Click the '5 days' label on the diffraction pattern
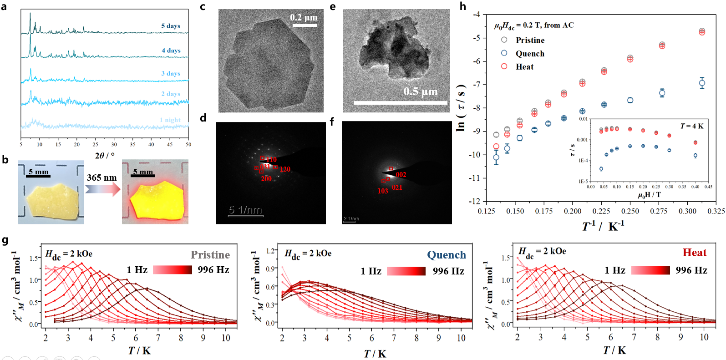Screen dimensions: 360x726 (171, 26)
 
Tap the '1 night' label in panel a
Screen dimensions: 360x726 (170, 120)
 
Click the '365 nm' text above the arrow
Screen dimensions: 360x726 (102, 177)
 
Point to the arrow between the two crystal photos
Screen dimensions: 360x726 (102, 189)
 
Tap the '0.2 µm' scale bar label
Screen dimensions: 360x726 (304, 17)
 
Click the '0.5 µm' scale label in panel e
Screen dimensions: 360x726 (421, 91)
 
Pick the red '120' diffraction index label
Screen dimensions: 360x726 (285, 169)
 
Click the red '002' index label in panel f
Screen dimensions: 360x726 (401, 175)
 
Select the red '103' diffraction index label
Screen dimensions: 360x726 (383, 191)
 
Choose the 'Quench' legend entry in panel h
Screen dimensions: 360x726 (530, 54)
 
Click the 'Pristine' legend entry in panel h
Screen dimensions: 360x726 (530, 40)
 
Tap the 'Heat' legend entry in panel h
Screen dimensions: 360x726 (524, 67)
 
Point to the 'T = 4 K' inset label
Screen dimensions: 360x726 (692, 126)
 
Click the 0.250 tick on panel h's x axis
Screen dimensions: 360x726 (630, 211)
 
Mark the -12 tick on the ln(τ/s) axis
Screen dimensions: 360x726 (475, 201)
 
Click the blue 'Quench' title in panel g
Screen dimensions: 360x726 (446, 255)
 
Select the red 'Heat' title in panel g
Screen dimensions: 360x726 (694, 253)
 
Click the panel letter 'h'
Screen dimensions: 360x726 (463, 6)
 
